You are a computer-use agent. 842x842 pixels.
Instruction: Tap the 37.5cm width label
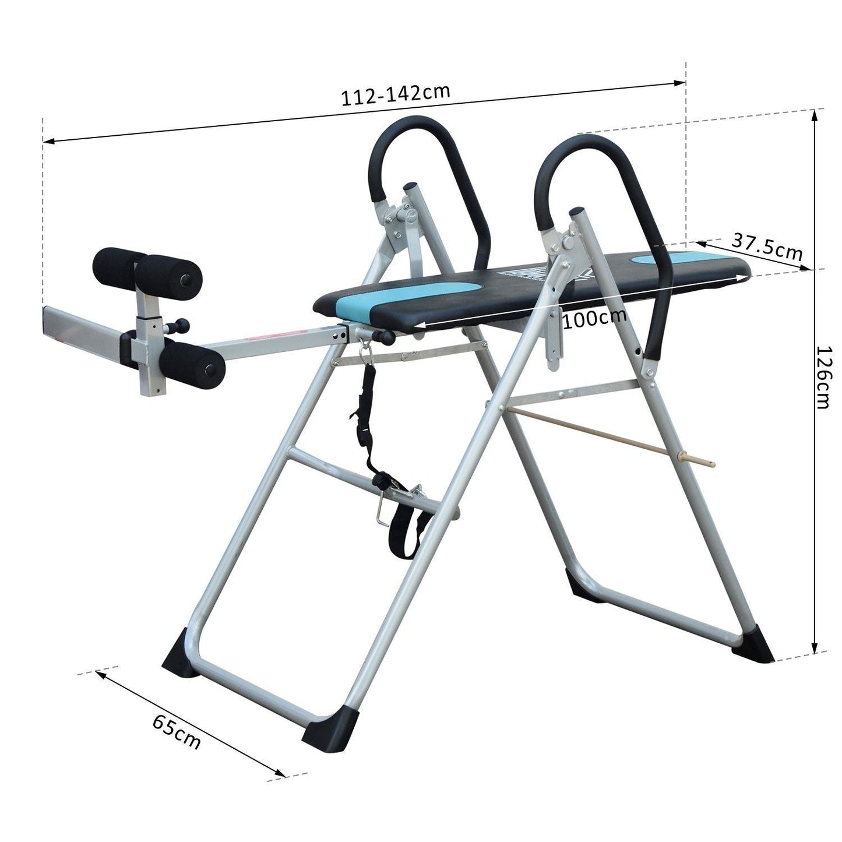767,248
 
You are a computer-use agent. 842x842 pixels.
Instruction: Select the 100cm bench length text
594,318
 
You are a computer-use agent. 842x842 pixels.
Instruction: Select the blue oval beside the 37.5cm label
659,258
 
